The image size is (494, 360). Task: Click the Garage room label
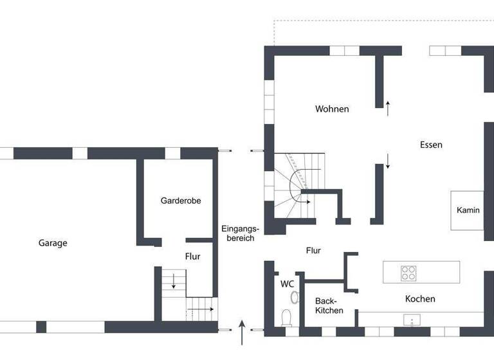pos(53,243)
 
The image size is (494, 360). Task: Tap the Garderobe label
pos(181,201)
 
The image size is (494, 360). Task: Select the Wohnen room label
pos(332,109)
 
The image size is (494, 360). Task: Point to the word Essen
pos(431,145)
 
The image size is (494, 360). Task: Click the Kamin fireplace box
pos(468,210)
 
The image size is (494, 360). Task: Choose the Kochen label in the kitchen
pos(420,299)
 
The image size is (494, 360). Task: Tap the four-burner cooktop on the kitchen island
pos(408,273)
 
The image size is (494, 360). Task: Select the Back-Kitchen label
pos(329,305)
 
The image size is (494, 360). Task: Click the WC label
pos(287,283)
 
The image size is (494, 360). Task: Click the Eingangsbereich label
pos(240,233)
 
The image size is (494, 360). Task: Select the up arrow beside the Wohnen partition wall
pos(388,107)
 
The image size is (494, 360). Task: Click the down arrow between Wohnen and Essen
pos(388,161)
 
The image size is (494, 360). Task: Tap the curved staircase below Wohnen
pos(297,183)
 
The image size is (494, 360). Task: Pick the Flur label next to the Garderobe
pos(193,256)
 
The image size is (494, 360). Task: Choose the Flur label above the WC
pos(313,251)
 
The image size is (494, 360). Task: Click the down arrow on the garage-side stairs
pos(172,281)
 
